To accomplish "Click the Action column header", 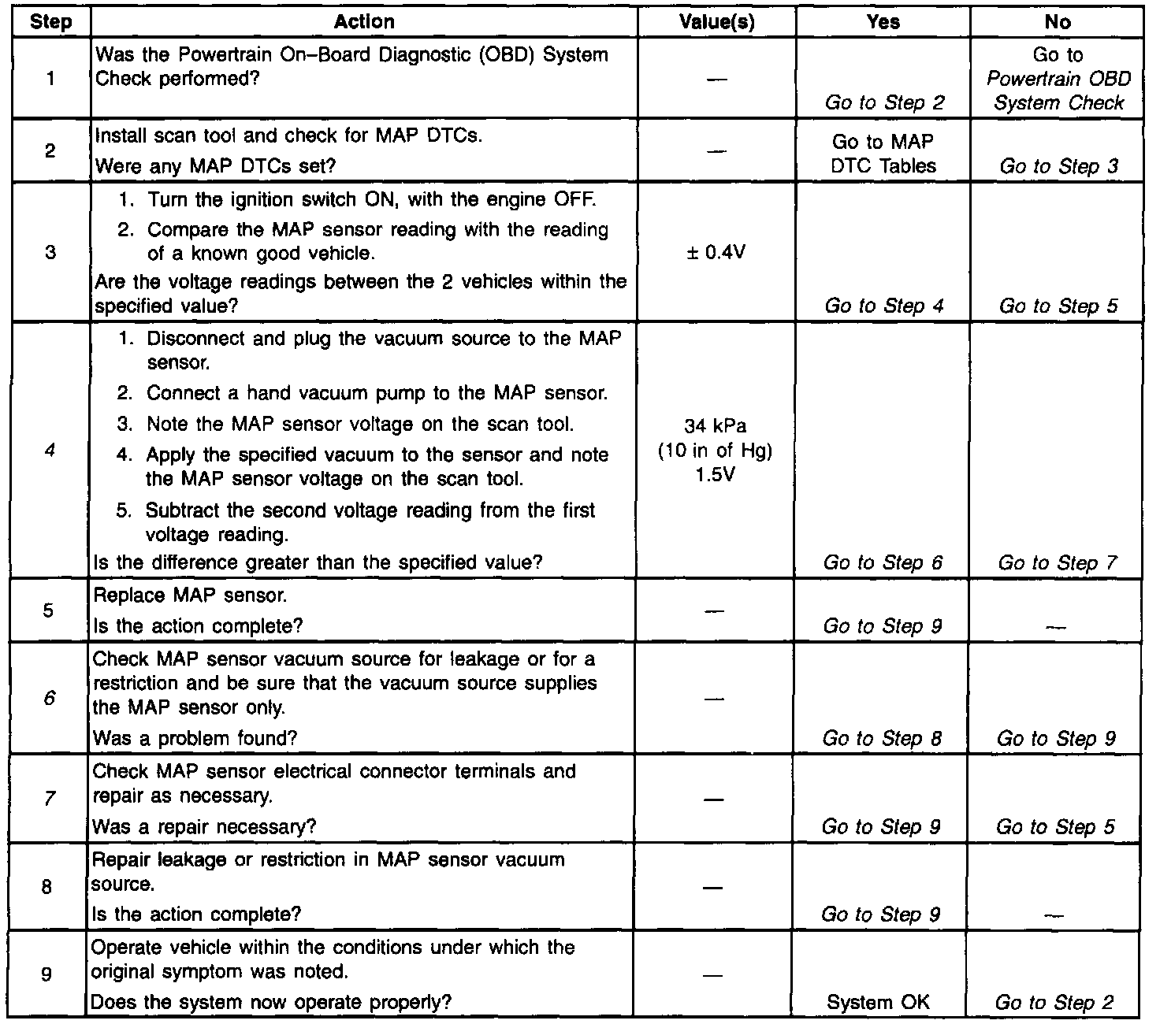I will pyautogui.click(x=364, y=22).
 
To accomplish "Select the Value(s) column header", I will pyautogui.click(x=716, y=22).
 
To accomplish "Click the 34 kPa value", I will pyautogui.click(x=716, y=427).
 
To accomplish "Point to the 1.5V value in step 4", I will pyautogui.click(x=716, y=475).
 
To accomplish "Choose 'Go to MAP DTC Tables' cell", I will pyautogui.click(x=883, y=154).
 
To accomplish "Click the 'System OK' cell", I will pyautogui.click(x=878, y=1002).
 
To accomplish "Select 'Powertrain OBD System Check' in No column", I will pyautogui.click(x=1058, y=91).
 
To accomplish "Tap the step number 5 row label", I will pyautogui.click(x=49, y=610).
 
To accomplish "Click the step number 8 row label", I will pyautogui.click(x=47, y=887).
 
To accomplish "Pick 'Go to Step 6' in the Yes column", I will pyautogui.click(x=883, y=562).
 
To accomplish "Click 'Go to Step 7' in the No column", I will pyautogui.click(x=1058, y=562).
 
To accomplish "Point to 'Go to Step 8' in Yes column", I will pyautogui.click(x=881, y=738).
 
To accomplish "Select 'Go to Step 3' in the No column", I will pyautogui.click(x=1058, y=166).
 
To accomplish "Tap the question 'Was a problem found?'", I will pyautogui.click(x=195, y=738).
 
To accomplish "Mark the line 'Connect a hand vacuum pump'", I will pyautogui.click(x=377, y=392).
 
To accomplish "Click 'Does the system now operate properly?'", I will pyautogui.click(x=272, y=1002).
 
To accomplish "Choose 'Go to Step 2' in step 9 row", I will pyautogui.click(x=1054, y=1002).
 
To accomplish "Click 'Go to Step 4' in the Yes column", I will pyautogui.click(x=883, y=306).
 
